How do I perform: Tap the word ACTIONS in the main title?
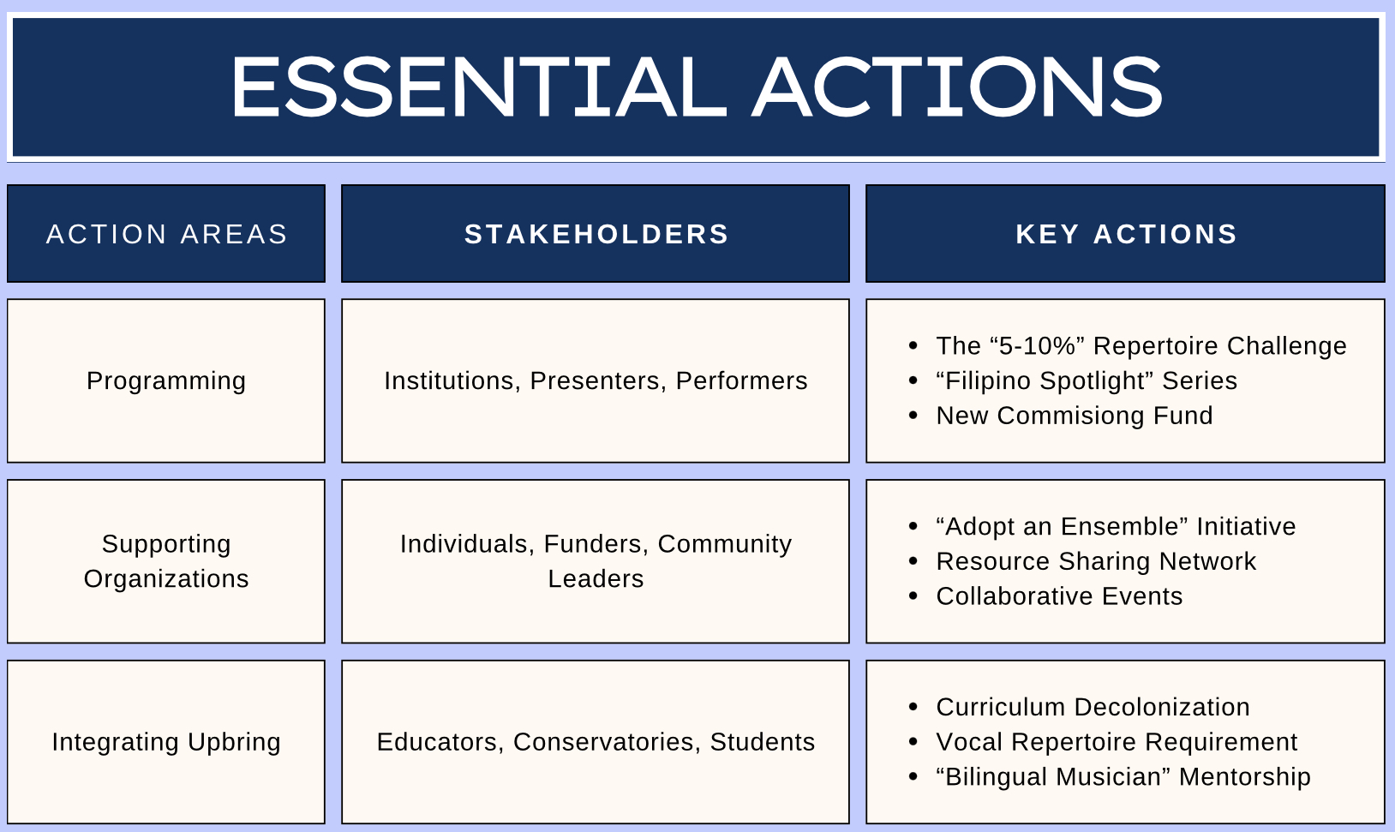pyautogui.click(x=957, y=87)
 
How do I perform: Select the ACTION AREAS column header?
pyautogui.click(x=166, y=234)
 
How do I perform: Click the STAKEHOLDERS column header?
pyautogui.click(x=596, y=234)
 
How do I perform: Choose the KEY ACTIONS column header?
pyautogui.click(x=1125, y=234)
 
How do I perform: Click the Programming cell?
pyautogui.click(x=166, y=380)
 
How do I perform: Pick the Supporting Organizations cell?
pyautogui.click(x=166, y=561)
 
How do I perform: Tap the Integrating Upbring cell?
pyautogui.click(x=166, y=742)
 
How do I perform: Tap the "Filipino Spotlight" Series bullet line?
pyautogui.click(x=1087, y=381)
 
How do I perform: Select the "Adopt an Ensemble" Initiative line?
pyautogui.click(x=1116, y=526)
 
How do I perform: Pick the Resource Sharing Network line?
pyautogui.click(x=1096, y=562)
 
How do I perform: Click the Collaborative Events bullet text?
pyautogui.click(x=1059, y=596)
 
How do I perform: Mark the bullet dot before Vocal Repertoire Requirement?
pyautogui.click(x=913, y=742)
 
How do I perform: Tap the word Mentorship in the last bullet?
pyautogui.click(x=1245, y=777)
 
